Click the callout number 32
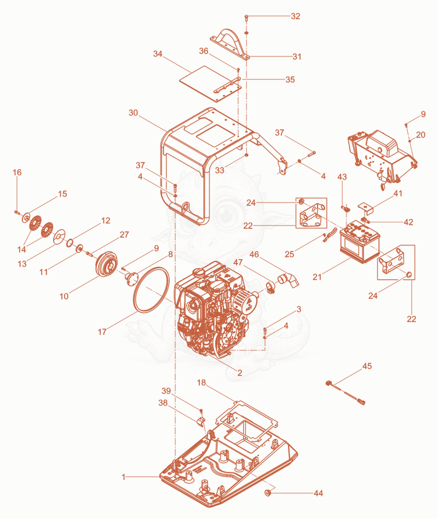click(295, 16)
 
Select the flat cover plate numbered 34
click(210, 84)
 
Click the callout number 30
click(133, 113)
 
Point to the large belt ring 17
click(151, 289)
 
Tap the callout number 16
click(17, 172)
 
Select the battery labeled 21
click(360, 241)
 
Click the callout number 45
click(367, 366)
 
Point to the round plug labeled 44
click(268, 493)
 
